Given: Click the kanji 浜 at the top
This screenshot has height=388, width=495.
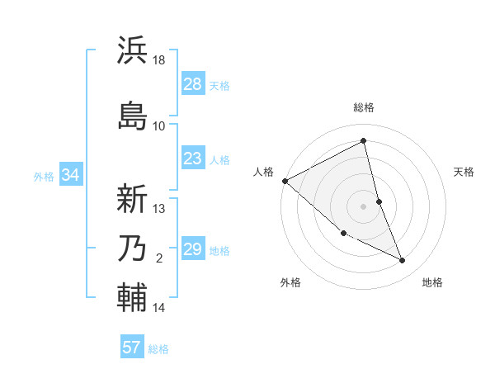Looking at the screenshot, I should coord(132,50).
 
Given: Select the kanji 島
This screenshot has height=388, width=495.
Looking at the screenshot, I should coord(132,116).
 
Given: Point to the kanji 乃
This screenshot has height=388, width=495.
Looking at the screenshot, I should coord(132,248).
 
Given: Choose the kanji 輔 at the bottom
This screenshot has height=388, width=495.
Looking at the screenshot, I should coord(132,297).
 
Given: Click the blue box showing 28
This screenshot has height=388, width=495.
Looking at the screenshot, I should coord(192,84).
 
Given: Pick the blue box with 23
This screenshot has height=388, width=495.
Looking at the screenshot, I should coord(192,159).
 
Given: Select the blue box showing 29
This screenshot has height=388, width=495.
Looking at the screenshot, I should coord(192,249).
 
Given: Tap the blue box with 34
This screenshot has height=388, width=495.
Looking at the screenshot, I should coord(70,174).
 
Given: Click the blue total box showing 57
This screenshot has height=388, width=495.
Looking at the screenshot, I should coord(131,348).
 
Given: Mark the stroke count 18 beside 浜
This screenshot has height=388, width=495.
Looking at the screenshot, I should coord(159,60).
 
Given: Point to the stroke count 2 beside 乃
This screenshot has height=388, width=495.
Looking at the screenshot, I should coord(159,258).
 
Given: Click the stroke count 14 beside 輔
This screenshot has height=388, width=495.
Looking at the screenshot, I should coord(159,308).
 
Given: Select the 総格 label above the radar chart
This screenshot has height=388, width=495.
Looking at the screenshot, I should coord(364,107).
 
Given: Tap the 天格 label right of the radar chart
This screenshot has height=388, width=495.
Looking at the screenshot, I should coord(464,172).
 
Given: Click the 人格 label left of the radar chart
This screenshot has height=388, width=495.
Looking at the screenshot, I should coord(264,172).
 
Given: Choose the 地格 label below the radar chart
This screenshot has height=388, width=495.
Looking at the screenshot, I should coord(432,282).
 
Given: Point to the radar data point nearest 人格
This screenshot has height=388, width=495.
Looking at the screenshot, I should coord(285,181).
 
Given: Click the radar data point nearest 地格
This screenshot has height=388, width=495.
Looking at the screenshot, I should coord(403,261).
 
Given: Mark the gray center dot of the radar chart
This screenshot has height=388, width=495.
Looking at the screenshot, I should coord(363,206).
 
